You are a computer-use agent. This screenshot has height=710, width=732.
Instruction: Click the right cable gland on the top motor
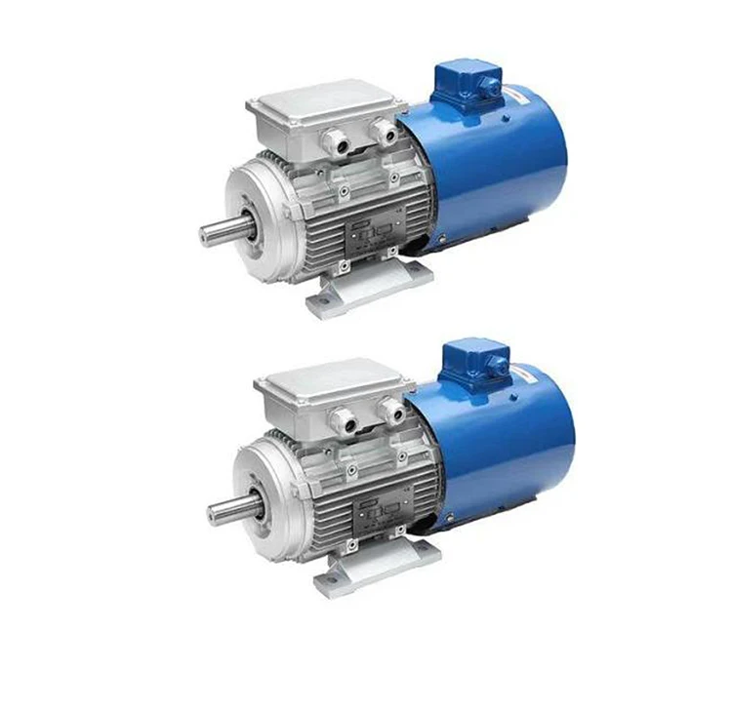click(x=384, y=133)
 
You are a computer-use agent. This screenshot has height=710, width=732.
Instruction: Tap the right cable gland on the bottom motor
click(x=391, y=409)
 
